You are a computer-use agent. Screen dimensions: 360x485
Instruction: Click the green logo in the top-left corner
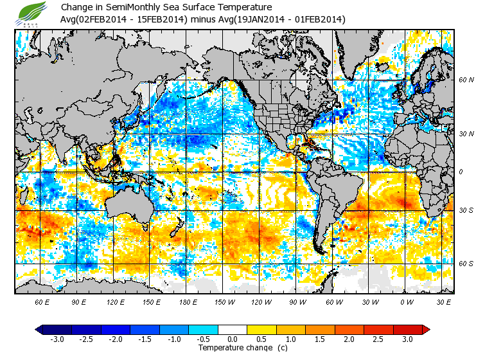pyautogui.click(x=32, y=13)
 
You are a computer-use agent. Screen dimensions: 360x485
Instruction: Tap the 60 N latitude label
pyautogui.click(x=466, y=80)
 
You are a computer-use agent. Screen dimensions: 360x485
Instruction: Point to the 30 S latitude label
pyautogui.click(x=466, y=210)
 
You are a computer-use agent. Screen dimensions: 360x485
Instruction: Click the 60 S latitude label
pyautogui.click(x=466, y=263)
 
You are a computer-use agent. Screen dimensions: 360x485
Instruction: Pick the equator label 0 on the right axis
pyautogui.click(x=460, y=172)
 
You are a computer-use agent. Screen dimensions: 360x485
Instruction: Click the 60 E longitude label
pyautogui.click(x=42, y=301)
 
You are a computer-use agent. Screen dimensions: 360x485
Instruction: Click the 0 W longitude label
pyautogui.click(x=405, y=301)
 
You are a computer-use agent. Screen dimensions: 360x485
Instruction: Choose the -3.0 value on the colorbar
pyautogui.click(x=57, y=339)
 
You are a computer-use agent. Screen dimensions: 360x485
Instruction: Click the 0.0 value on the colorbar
pyautogui.click(x=233, y=339)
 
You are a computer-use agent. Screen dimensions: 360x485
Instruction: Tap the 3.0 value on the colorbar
pyautogui.click(x=407, y=339)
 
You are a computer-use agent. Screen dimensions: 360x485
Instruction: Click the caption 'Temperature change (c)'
pyautogui.click(x=233, y=348)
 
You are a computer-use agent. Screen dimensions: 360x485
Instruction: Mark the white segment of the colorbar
pyautogui.click(x=233, y=329)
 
